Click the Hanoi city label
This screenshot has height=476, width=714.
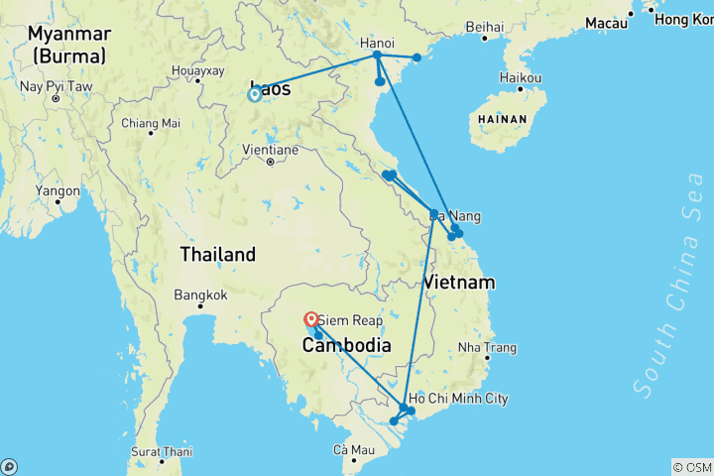(377, 44)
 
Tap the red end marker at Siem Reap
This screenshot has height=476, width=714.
(311, 319)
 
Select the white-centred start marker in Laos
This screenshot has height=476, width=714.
(255, 94)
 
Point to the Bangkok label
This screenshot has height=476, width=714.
(200, 295)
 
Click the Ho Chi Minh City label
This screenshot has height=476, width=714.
(458, 399)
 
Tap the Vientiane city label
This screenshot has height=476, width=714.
(271, 151)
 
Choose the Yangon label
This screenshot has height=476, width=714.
(57, 189)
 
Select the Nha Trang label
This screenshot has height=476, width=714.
(487, 348)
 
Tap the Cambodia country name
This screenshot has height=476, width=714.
(346, 345)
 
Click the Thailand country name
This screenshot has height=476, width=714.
(218, 255)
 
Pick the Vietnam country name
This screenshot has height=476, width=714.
(459, 283)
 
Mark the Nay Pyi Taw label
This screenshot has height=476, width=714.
(56, 87)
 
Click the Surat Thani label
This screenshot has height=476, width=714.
(160, 451)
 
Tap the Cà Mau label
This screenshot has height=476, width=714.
(353, 451)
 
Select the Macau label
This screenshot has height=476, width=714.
(606, 22)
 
